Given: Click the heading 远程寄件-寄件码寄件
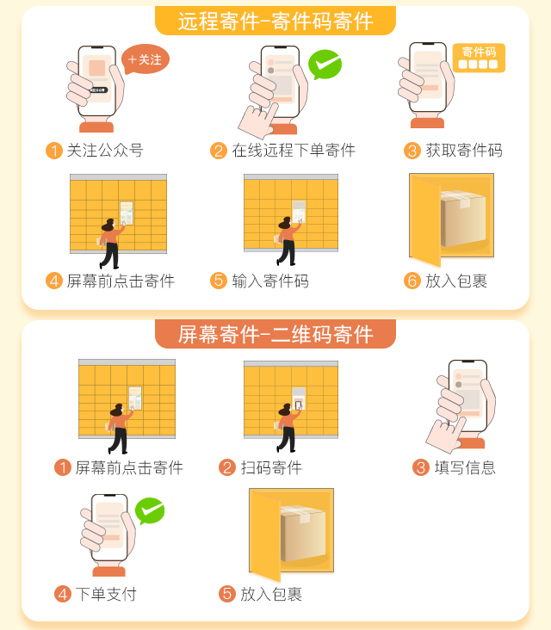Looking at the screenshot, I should click(275, 21).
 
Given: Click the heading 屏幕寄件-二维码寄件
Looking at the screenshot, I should click(275, 334).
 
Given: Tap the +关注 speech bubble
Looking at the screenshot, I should click(145, 59).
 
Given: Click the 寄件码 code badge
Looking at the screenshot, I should click(479, 58).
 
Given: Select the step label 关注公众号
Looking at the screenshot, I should click(104, 151).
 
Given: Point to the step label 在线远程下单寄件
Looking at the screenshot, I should click(294, 151).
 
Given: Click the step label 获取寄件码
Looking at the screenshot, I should click(464, 151).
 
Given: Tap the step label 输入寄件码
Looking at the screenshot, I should click(269, 281).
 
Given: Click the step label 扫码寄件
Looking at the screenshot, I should click(271, 467).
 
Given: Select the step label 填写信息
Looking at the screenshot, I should click(465, 467).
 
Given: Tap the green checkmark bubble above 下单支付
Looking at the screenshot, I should click(150, 511).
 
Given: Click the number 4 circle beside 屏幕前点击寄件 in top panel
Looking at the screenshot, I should click(54, 281).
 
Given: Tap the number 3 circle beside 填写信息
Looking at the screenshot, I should click(421, 467).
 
